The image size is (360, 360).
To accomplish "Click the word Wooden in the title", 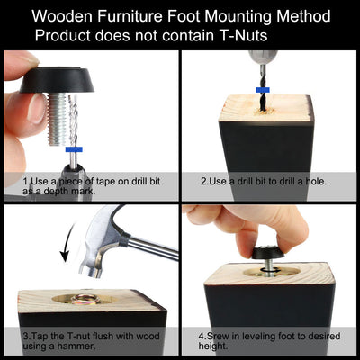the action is click(62, 16).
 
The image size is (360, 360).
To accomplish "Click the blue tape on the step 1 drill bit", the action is click(74, 149).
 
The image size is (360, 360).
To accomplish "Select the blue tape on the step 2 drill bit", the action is click(263, 90).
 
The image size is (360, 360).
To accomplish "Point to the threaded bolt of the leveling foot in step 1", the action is click(57, 119).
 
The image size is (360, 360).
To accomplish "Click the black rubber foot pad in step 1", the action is click(57, 80).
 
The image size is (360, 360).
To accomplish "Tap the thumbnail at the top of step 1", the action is click(30, 60).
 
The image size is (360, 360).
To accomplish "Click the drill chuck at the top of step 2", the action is click(263, 58).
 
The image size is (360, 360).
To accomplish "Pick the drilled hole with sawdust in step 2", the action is click(265, 112).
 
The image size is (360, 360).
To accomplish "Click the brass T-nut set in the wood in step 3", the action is click(85, 299).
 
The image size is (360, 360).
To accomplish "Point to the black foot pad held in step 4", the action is click(268, 253).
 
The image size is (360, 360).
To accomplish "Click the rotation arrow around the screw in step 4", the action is click(268, 271).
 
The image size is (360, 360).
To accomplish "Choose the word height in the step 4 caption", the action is click(212, 346).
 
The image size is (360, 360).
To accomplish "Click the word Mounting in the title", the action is click(239, 16).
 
